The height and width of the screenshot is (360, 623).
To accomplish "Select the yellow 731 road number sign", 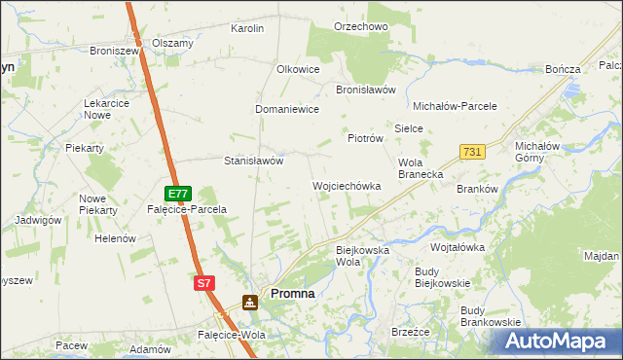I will coord(472,152).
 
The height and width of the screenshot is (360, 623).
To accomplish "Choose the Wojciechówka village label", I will coord(346,185).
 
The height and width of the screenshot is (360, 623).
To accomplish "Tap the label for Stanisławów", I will coord(254,161).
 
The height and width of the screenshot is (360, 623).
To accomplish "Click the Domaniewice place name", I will coord(288,109).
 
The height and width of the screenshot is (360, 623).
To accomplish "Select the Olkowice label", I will coord(299,70).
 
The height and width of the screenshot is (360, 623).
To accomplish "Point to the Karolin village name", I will coord(247,28).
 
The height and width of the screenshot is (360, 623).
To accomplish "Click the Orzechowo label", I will coord(361,26).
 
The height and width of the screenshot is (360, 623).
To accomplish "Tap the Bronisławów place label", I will coord(365,89).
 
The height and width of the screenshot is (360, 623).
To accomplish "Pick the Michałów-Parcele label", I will coord(456,105).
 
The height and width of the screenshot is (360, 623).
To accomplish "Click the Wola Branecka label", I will coord(421,168).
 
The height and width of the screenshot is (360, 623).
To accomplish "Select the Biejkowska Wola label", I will coord(362,256).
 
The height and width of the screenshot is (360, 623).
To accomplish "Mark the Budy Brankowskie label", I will coord(491,315).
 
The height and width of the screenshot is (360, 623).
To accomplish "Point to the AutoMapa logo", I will coord(557,342).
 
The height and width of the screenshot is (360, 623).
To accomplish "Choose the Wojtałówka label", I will coord(458,247).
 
